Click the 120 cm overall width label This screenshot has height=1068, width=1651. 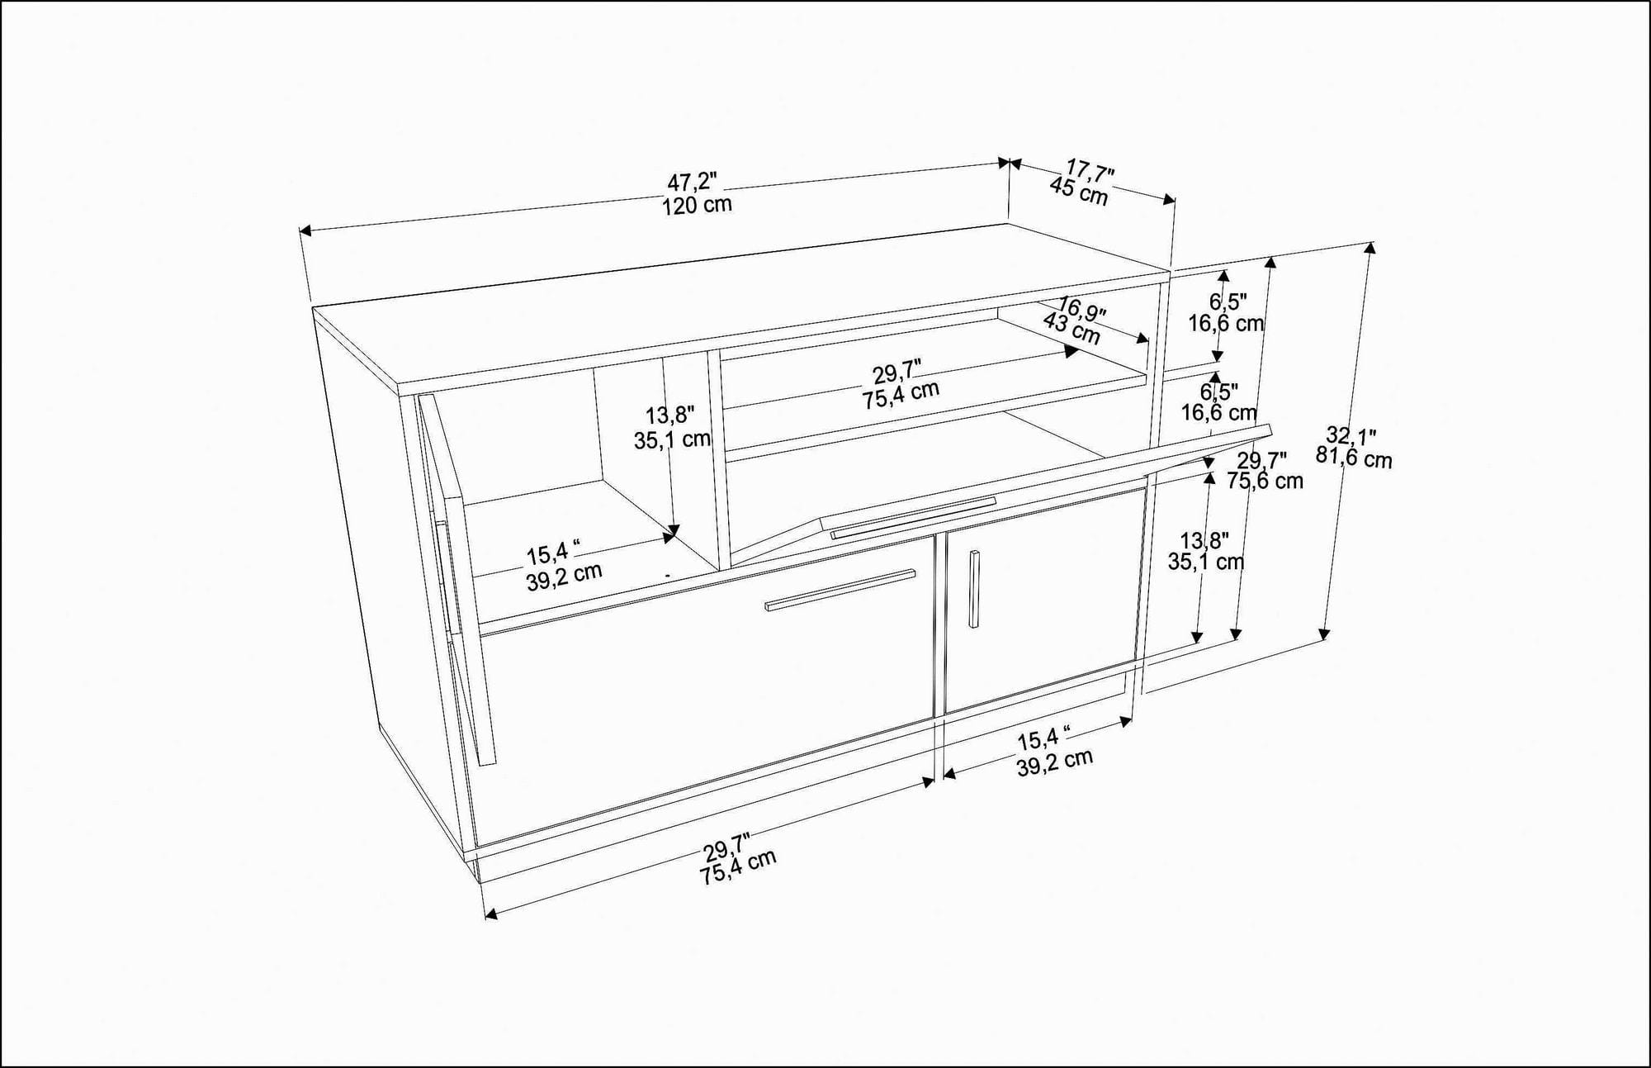[697, 205]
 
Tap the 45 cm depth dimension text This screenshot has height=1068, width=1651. [1078, 192]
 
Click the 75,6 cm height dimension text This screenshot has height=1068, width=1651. [1264, 481]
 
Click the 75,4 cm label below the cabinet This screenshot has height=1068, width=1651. [738, 867]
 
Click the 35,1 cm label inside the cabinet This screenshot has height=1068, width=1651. [672, 439]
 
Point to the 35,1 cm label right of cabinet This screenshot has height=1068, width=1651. [1205, 562]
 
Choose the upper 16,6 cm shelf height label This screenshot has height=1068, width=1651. [1225, 323]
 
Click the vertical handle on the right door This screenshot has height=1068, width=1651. [974, 588]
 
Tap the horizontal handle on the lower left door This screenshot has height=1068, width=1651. [840, 589]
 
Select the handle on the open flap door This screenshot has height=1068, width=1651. [913, 518]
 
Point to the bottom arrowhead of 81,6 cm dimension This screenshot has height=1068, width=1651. [1324, 634]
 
